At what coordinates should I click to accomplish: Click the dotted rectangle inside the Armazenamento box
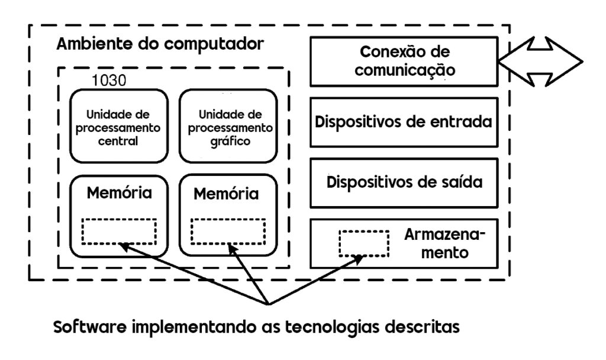click(x=363, y=243)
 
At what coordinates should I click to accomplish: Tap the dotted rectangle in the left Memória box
click(x=118, y=232)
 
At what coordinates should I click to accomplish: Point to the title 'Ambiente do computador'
click(x=160, y=44)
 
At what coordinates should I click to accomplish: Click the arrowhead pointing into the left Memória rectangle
click(x=123, y=245)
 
